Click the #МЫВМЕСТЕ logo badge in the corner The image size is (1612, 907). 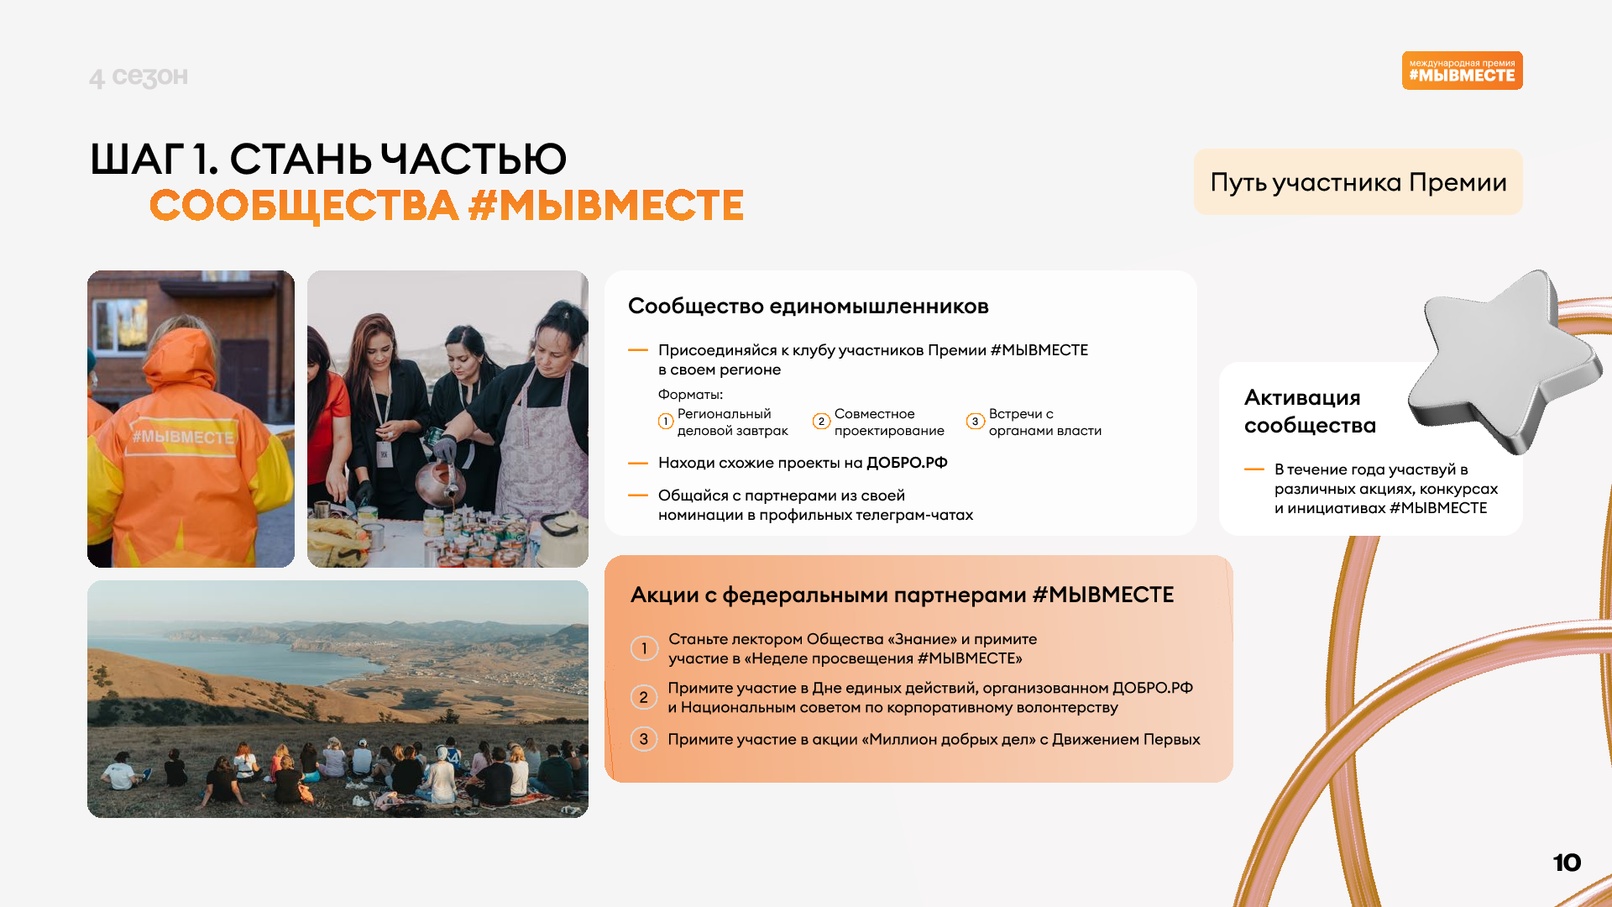[1462, 71]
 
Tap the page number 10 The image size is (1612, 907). [1567, 862]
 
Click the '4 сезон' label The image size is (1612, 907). [139, 76]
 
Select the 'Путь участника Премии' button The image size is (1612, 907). [1358, 182]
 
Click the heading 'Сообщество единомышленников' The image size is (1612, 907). [808, 307]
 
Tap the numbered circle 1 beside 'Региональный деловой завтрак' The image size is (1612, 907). [666, 422]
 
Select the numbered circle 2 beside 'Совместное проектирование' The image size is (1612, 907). [821, 422]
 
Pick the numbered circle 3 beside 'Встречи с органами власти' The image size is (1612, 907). [975, 422]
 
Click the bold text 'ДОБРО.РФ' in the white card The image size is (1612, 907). [907, 463]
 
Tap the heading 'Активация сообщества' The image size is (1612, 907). [1310, 412]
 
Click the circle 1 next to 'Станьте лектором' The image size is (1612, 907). [644, 648]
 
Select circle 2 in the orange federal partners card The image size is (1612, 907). [644, 697]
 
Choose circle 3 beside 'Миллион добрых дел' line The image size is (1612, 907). [644, 739]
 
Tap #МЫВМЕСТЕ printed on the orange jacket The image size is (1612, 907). [183, 438]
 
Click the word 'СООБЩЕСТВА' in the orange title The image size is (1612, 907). [304, 206]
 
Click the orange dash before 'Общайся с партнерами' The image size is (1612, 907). [638, 495]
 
